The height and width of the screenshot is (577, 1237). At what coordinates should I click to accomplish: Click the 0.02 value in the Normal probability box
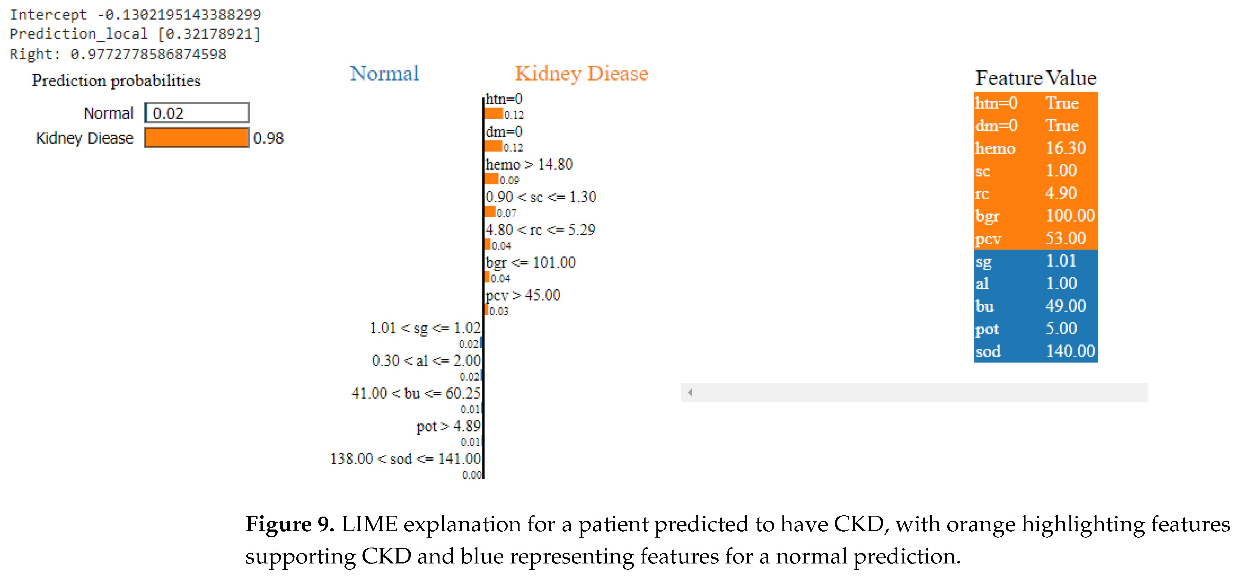click(x=168, y=113)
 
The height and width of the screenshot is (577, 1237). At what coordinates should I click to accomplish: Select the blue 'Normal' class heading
click(x=384, y=73)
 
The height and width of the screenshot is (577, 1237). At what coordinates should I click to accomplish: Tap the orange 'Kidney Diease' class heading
click(x=581, y=73)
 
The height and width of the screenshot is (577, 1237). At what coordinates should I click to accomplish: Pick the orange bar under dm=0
click(x=493, y=146)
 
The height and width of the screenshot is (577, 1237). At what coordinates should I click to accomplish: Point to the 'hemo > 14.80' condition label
click(x=529, y=165)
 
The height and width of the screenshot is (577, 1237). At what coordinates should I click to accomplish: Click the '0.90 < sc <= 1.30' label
click(x=541, y=197)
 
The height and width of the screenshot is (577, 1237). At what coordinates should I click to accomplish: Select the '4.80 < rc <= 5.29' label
click(x=540, y=230)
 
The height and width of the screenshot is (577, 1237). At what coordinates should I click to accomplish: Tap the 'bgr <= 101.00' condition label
click(x=530, y=262)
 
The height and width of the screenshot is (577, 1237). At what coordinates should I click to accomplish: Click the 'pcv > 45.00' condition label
click(x=523, y=295)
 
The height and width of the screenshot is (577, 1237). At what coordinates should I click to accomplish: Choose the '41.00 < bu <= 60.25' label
click(x=416, y=394)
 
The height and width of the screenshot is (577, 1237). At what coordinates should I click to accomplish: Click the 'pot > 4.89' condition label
click(x=448, y=426)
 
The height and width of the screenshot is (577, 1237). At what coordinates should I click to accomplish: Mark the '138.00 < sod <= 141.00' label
click(x=405, y=459)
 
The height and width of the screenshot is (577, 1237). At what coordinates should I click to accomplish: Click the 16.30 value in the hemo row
click(x=1066, y=148)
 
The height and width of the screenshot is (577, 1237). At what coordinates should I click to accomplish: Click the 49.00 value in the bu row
click(x=1066, y=306)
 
